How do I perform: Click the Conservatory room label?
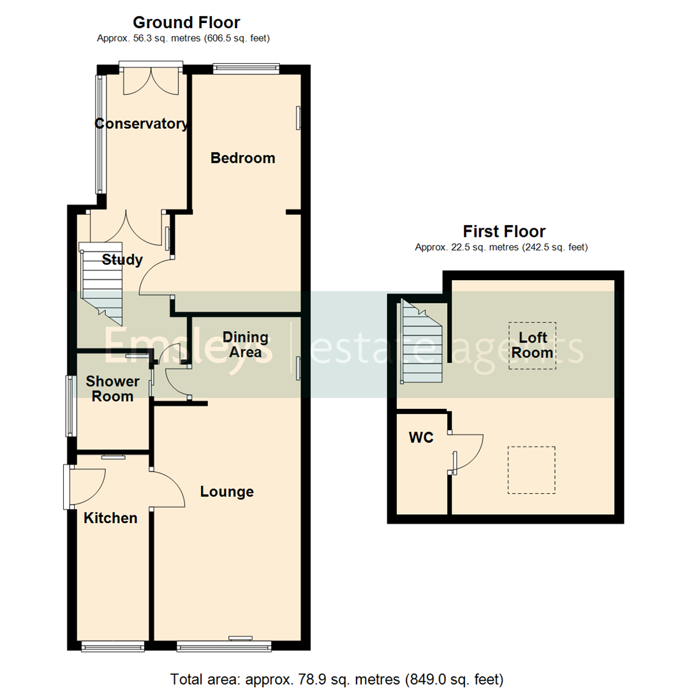pyautogui.click(x=142, y=124)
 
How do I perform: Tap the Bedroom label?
pyautogui.click(x=243, y=158)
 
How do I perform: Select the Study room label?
pyautogui.click(x=122, y=260)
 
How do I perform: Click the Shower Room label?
pyautogui.click(x=113, y=389)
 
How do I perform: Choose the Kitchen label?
pyautogui.click(x=110, y=518)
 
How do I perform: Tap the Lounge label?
pyautogui.click(x=226, y=492)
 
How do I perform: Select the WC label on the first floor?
pyautogui.click(x=421, y=438)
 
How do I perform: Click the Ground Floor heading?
pyautogui.click(x=186, y=23)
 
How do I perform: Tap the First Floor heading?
pyautogui.click(x=504, y=231)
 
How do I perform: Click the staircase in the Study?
pyautogui.click(x=101, y=281)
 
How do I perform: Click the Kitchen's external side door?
pyautogui.click(x=86, y=487)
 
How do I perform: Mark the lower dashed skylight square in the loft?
pyautogui.click(x=531, y=470)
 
